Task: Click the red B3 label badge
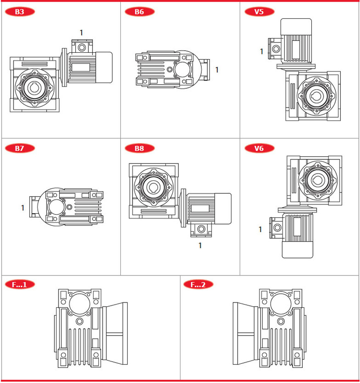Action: tap(20, 12)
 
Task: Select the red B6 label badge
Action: tap(139, 12)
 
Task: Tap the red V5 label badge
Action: tap(259, 12)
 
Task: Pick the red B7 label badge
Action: tap(20, 148)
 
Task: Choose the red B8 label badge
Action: tap(139, 148)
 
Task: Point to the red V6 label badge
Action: tap(259, 148)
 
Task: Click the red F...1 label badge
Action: tap(20, 284)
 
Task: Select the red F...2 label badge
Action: tap(198, 284)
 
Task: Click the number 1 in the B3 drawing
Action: tap(81, 32)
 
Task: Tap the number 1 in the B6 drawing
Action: tap(217, 70)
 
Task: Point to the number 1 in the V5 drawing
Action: tap(261, 52)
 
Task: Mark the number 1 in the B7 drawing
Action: tap(23, 208)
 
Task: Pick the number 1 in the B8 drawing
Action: tap(200, 246)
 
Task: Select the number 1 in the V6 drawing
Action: tap(260, 229)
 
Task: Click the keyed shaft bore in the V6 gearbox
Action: tap(318, 180)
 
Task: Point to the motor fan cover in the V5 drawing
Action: tap(296, 27)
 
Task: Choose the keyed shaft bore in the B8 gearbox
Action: tap(153, 187)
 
